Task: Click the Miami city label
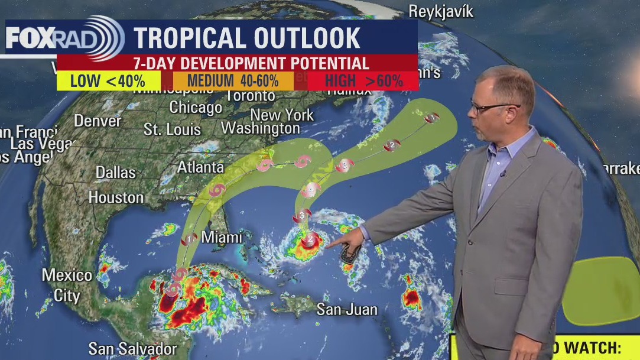(x=222, y=237)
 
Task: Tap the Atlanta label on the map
(x=200, y=167)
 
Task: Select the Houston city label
(x=116, y=197)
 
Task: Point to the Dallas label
(x=116, y=173)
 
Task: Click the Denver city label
(x=98, y=121)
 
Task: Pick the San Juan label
(x=346, y=309)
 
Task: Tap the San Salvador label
(x=133, y=348)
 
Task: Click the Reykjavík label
(x=441, y=11)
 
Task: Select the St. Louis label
(x=173, y=129)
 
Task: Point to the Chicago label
(x=196, y=108)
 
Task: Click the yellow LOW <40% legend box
(x=109, y=80)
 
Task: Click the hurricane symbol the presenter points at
(x=309, y=239)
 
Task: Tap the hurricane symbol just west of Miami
(x=189, y=239)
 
